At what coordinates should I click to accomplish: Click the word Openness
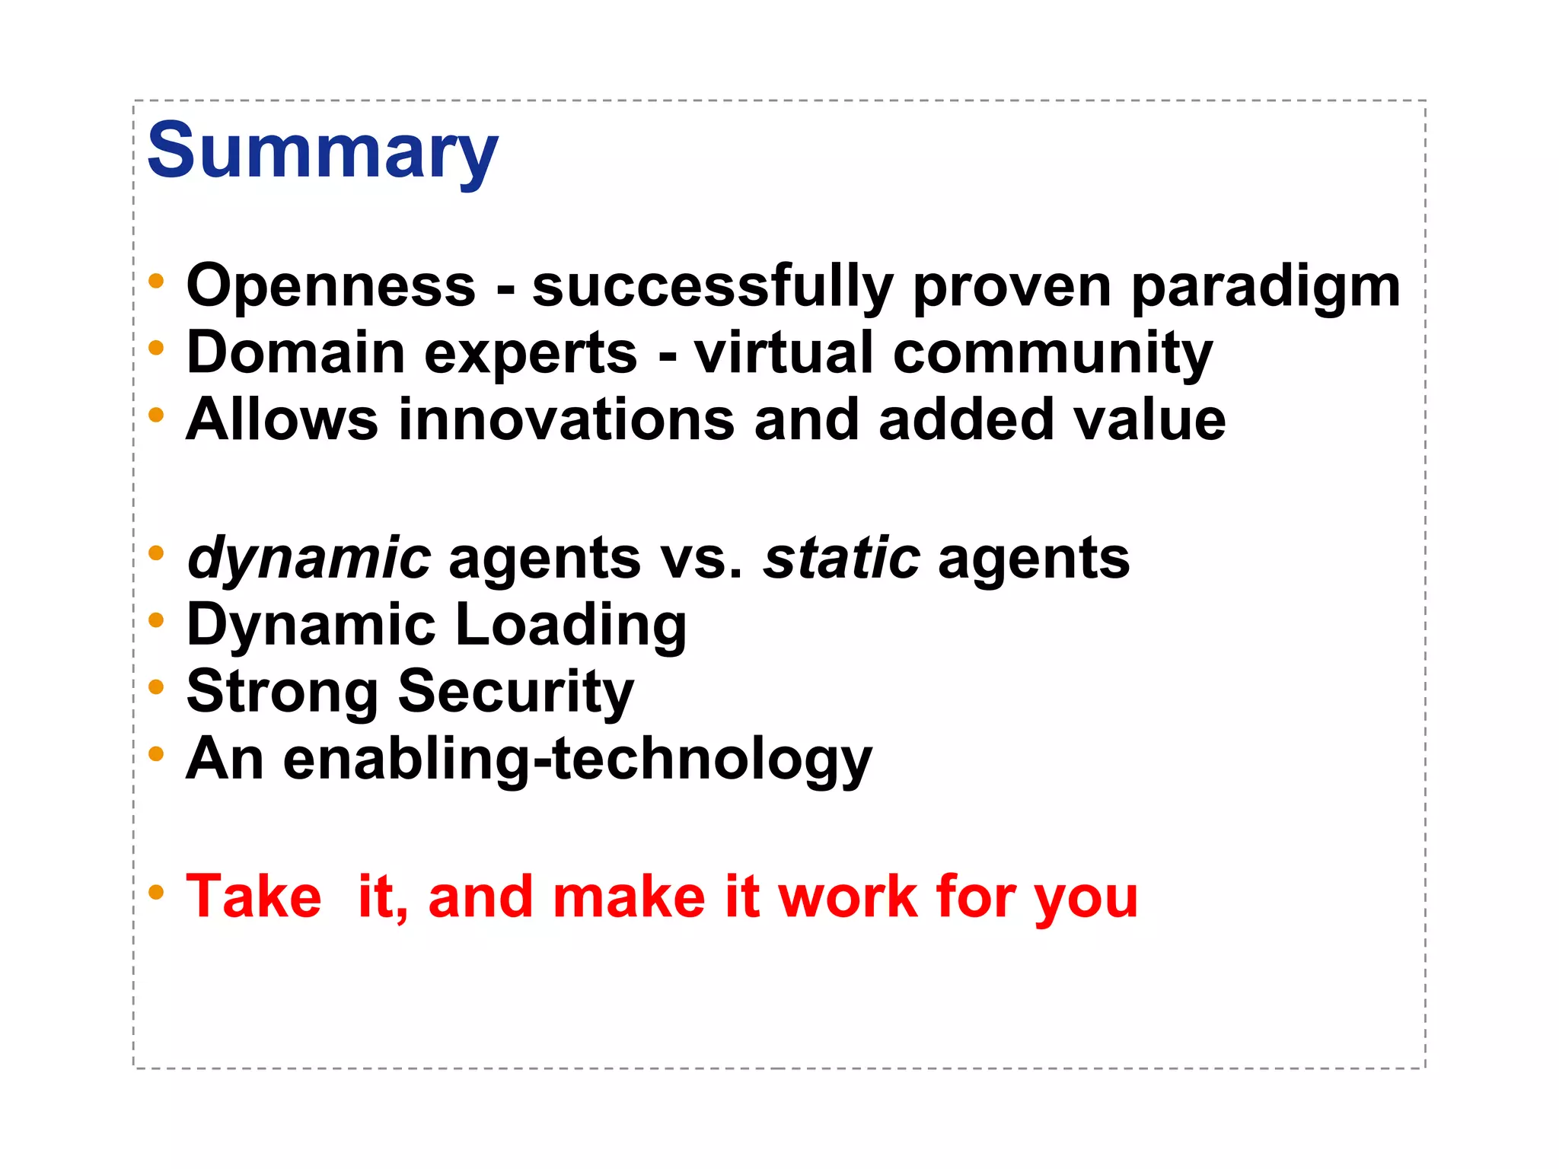pos(331,286)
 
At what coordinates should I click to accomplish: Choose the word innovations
pos(566,420)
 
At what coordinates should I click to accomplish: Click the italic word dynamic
pos(309,559)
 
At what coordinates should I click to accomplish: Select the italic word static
pos(841,557)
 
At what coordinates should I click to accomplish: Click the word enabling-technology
pos(577,760)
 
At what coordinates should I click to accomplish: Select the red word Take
pos(253,897)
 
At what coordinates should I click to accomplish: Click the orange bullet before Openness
pos(156,282)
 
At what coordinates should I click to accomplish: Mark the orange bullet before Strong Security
pos(156,687)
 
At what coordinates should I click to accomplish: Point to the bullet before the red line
pos(156,892)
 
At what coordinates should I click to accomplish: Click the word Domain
pos(295,353)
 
